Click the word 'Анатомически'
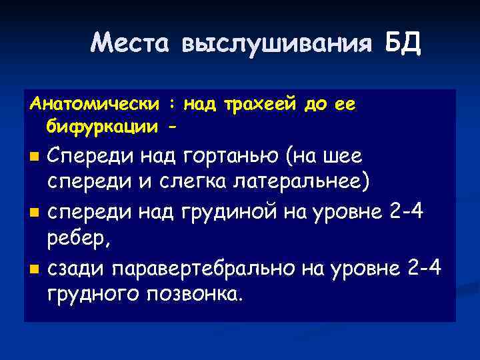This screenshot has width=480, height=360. click(x=94, y=105)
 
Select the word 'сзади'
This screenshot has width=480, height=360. click(x=76, y=268)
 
